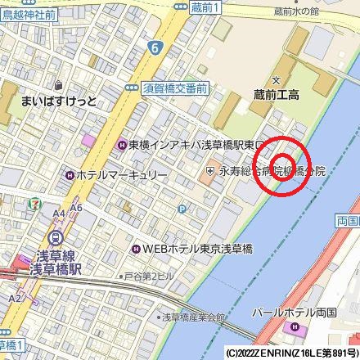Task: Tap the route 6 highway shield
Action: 154,49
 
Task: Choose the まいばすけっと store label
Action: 58,101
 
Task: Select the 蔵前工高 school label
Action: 276,95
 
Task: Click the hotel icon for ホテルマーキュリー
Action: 70,174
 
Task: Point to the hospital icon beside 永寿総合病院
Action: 210,171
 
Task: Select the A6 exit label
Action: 76,208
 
